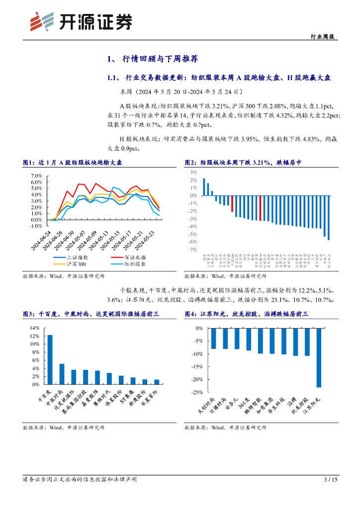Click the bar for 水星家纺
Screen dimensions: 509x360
(157, 382)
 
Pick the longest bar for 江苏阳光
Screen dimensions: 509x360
(319, 357)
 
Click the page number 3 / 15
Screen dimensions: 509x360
(330, 479)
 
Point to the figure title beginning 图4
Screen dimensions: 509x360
(247, 314)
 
